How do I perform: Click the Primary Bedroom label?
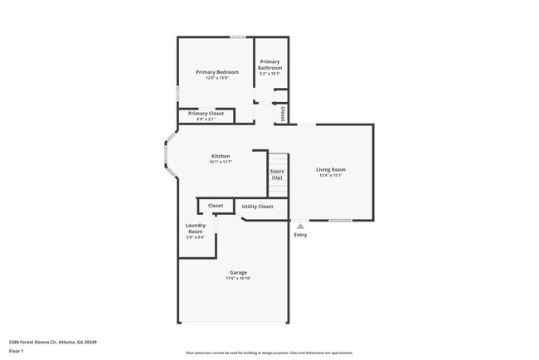[211, 72]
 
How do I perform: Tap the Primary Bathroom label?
[270, 65]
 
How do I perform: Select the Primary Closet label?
[206, 113]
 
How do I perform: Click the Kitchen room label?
[220, 156]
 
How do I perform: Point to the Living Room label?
[332, 169]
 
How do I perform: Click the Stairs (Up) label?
[277, 175]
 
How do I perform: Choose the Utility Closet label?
[257, 206]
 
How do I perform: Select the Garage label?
[238, 273]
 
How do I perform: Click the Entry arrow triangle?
[300, 225]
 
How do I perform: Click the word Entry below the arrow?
[300, 235]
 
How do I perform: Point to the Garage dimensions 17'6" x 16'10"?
[238, 279]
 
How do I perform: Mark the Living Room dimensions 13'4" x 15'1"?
[332, 175]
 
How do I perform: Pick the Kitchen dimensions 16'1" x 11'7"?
[220, 162]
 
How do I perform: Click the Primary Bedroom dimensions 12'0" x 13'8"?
[211, 78]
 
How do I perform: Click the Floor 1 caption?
[17, 351]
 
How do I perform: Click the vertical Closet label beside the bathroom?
[283, 113]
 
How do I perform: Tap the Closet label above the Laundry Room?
[215, 205]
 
